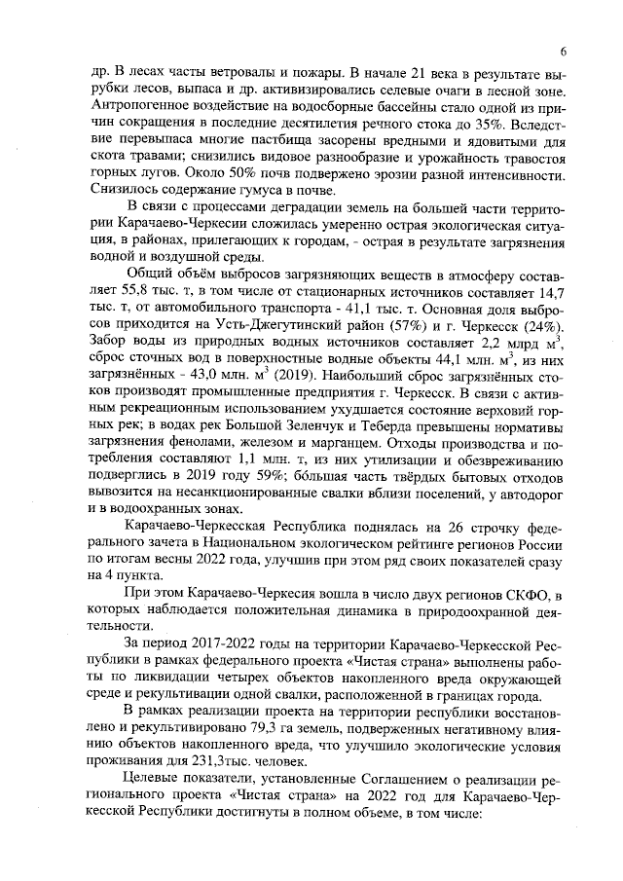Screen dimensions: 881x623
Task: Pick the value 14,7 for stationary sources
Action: (548, 292)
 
